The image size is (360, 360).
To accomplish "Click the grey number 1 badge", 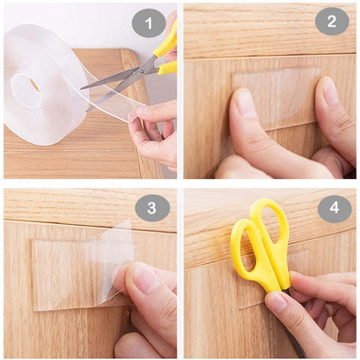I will [148, 23].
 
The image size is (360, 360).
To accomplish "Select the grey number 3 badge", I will [152, 208].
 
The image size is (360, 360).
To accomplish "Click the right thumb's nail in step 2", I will [331, 91].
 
